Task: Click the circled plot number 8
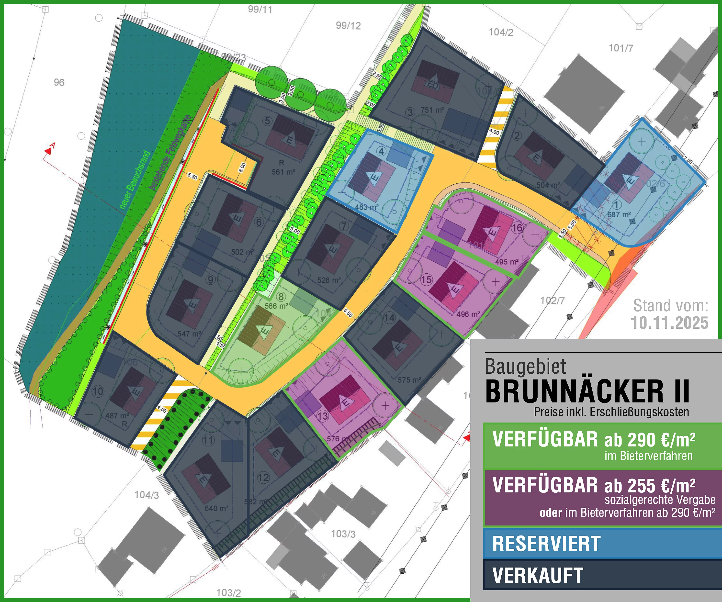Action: coord(281,296)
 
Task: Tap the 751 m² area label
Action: coord(432,110)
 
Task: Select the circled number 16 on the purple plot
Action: coord(517,228)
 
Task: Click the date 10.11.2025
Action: coord(669,323)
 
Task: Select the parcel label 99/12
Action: coord(348,25)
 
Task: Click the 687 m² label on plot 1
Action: coord(619,214)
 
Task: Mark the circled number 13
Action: coord(322,416)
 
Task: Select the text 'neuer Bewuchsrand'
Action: coord(135,180)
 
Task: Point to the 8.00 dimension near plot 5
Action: coord(242,167)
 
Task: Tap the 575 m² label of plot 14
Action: coord(409,380)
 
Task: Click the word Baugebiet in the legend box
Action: coord(525,367)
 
